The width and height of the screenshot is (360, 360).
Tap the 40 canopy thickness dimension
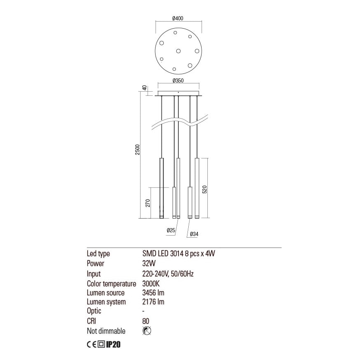coord(144,88)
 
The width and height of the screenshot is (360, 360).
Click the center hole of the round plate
coord(179,51)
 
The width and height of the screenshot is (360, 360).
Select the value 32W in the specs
coord(147,263)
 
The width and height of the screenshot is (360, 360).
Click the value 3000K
coord(151,283)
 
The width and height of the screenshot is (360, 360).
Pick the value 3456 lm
coord(153,293)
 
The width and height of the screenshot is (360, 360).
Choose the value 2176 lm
coord(153,302)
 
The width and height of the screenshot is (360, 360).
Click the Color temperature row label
coord(111,283)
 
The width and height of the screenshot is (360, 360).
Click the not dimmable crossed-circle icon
coord(146,331)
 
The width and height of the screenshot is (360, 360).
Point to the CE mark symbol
coord(91,344)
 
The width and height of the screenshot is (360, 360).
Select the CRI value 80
coord(145,321)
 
